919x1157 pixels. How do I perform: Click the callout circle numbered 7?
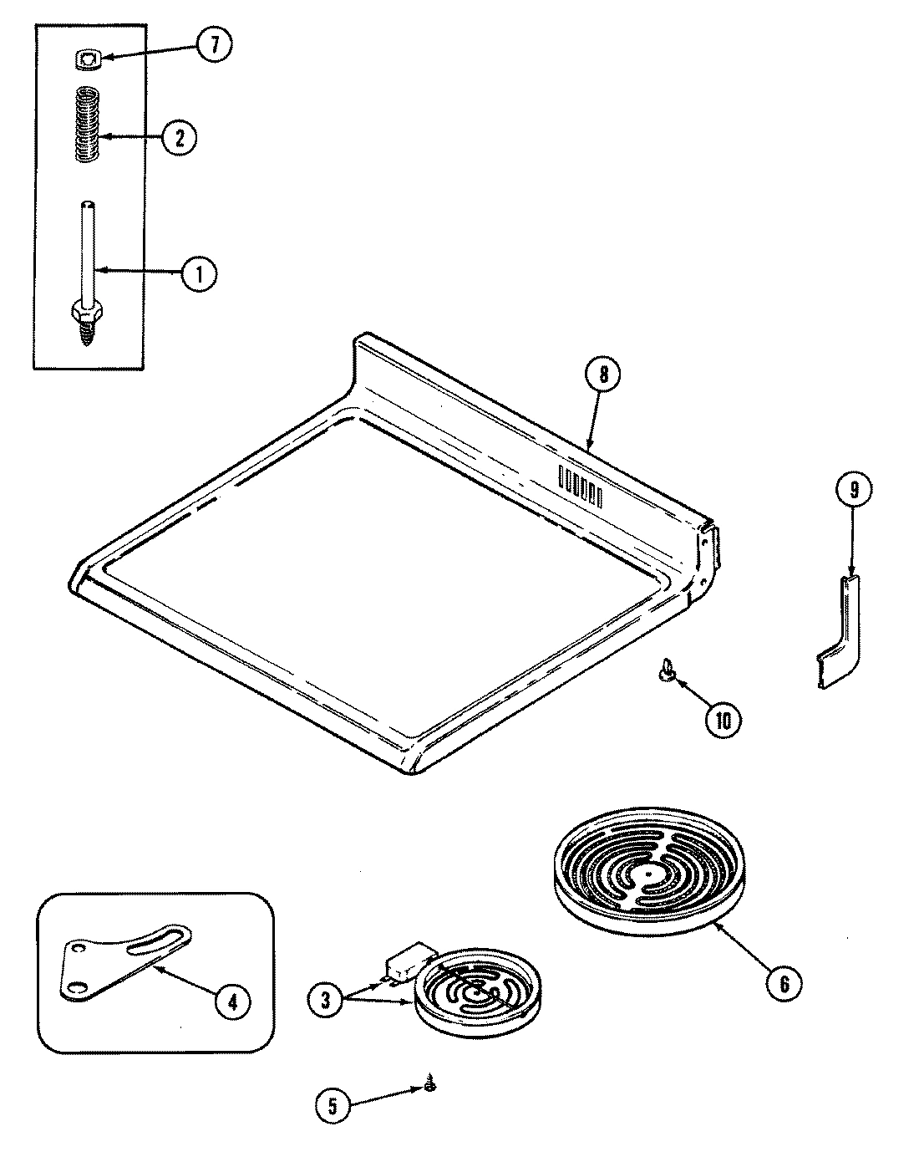click(x=213, y=46)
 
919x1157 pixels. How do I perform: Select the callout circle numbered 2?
click(x=179, y=137)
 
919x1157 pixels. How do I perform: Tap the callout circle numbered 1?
click(x=200, y=273)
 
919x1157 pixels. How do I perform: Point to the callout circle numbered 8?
click(x=603, y=375)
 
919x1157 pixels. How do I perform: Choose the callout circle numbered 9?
click(x=852, y=492)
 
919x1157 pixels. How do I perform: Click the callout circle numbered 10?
click(x=724, y=720)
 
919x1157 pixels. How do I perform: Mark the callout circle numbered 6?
click(x=784, y=984)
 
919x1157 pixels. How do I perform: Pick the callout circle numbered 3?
click(x=325, y=998)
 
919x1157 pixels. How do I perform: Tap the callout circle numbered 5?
click(x=333, y=1107)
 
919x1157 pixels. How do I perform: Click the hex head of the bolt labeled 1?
click(x=84, y=311)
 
